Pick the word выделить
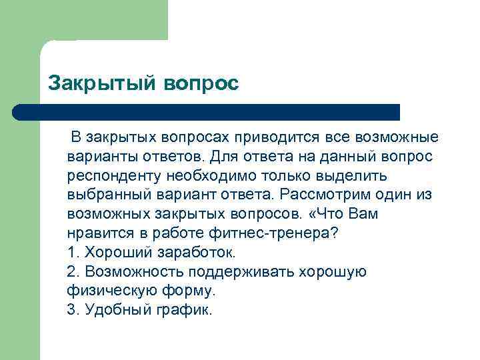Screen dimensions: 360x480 coord(349,176)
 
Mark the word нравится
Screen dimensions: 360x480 coord(98,234)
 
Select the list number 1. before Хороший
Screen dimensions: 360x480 coord(73,253)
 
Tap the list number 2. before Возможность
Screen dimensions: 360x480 coord(73,273)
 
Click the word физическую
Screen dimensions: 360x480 coord(107,291)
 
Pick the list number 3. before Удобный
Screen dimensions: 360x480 coord(73,311)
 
